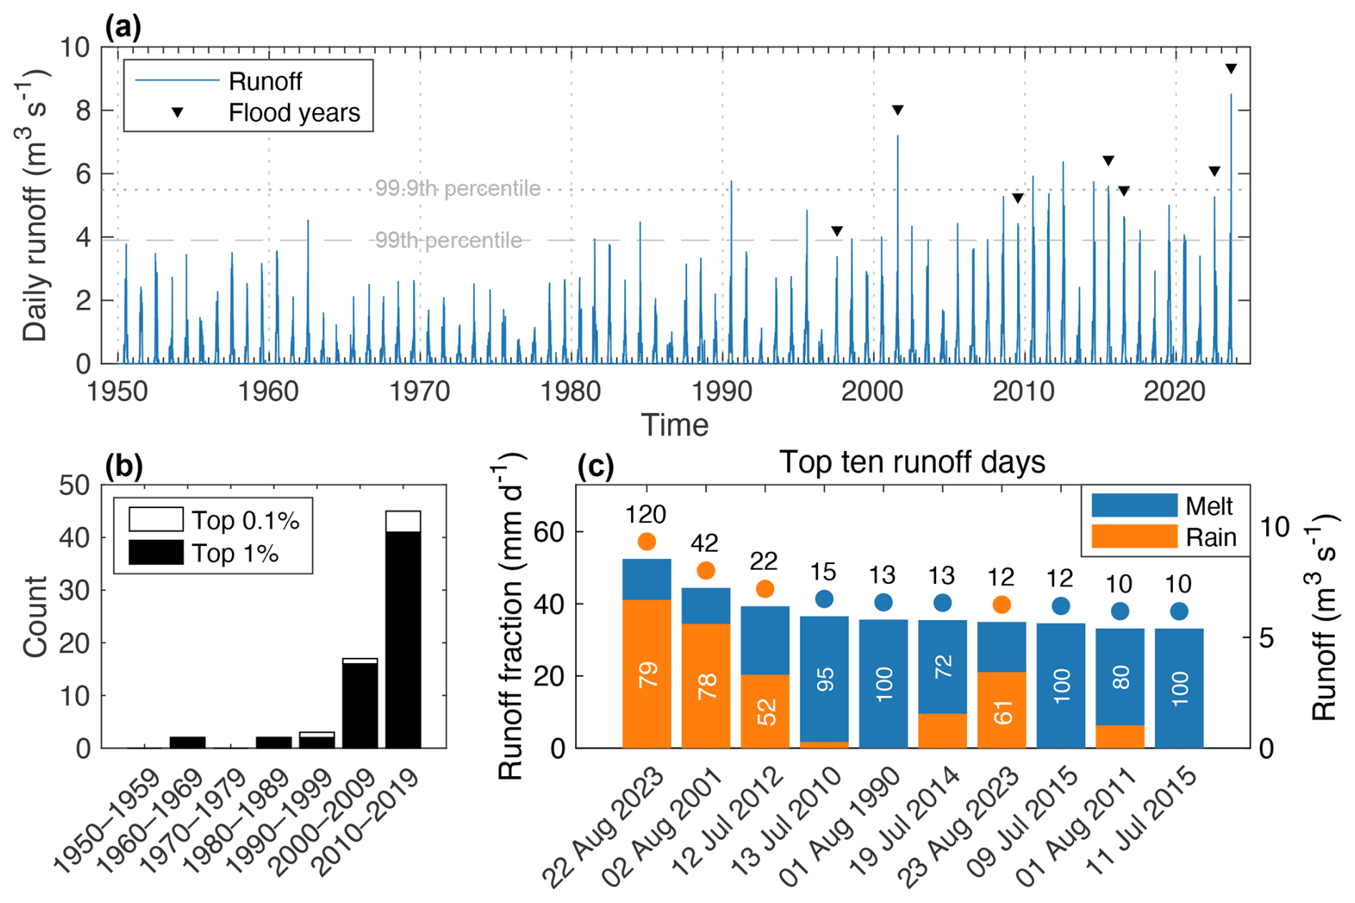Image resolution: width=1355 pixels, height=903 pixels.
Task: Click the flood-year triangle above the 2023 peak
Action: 1230,70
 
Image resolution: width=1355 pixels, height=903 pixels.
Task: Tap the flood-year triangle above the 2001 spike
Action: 897,110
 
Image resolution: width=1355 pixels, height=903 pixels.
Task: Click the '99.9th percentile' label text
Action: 458,188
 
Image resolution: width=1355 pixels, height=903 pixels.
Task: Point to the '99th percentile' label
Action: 449,240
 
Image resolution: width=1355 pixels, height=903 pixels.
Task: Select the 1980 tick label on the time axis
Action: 571,391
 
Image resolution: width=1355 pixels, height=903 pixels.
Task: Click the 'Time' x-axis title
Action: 675,425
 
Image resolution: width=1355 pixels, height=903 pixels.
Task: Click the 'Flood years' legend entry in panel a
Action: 294,113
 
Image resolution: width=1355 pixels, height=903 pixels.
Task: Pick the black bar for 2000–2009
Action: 360,705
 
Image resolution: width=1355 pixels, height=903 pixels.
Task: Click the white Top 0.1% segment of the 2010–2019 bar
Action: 403,521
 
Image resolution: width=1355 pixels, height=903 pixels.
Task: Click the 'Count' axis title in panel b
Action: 34,616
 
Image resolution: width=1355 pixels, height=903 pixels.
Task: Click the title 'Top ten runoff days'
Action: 912,462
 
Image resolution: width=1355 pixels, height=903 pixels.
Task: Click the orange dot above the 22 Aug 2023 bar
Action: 647,541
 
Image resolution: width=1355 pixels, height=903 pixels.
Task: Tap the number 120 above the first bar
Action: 646,515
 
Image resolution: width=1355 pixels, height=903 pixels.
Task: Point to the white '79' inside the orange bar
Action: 647,675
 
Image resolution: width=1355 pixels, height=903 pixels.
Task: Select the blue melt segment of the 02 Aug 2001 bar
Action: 705,606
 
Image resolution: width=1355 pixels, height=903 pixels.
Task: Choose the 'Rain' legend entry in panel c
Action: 1210,537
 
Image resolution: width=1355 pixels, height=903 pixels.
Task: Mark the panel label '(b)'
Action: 124,467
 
